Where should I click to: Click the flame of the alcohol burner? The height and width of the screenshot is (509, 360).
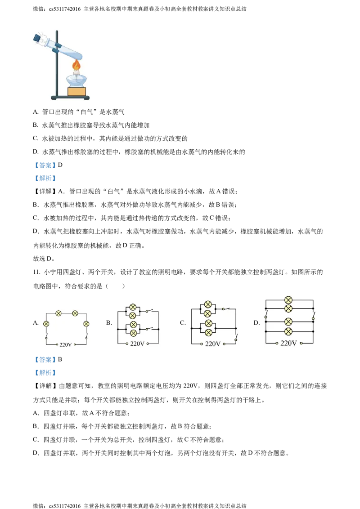pos(76,66)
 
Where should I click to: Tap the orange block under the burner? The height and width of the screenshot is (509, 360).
pos(76,92)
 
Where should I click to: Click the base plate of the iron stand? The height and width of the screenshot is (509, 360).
pos(70,98)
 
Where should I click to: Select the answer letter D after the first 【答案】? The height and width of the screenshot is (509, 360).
pos(60,165)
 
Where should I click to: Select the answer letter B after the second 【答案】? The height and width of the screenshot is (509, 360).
pos(60,359)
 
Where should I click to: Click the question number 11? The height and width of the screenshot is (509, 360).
pos(36,272)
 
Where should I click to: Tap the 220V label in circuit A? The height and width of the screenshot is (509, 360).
pos(65,345)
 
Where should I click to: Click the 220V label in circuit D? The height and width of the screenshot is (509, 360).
pos(288,343)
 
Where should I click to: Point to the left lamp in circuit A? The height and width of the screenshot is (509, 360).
pos(46,324)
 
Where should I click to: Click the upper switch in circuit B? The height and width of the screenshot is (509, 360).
pos(149,311)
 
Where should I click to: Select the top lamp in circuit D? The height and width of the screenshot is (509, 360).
pos(288,300)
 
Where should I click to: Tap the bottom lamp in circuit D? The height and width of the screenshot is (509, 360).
pos(288,332)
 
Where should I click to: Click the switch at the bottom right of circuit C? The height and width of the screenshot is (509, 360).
pos(236,339)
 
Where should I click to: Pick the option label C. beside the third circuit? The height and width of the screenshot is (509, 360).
pos(183,323)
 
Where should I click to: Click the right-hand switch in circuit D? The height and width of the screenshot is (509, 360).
pos(314,316)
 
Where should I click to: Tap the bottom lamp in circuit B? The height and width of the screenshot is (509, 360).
pos(133,333)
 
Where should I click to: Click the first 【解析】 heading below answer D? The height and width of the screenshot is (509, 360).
pos(45,178)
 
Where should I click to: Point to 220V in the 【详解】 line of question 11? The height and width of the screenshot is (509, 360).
pos(190,386)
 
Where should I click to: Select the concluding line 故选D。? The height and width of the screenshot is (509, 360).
pos(44,259)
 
